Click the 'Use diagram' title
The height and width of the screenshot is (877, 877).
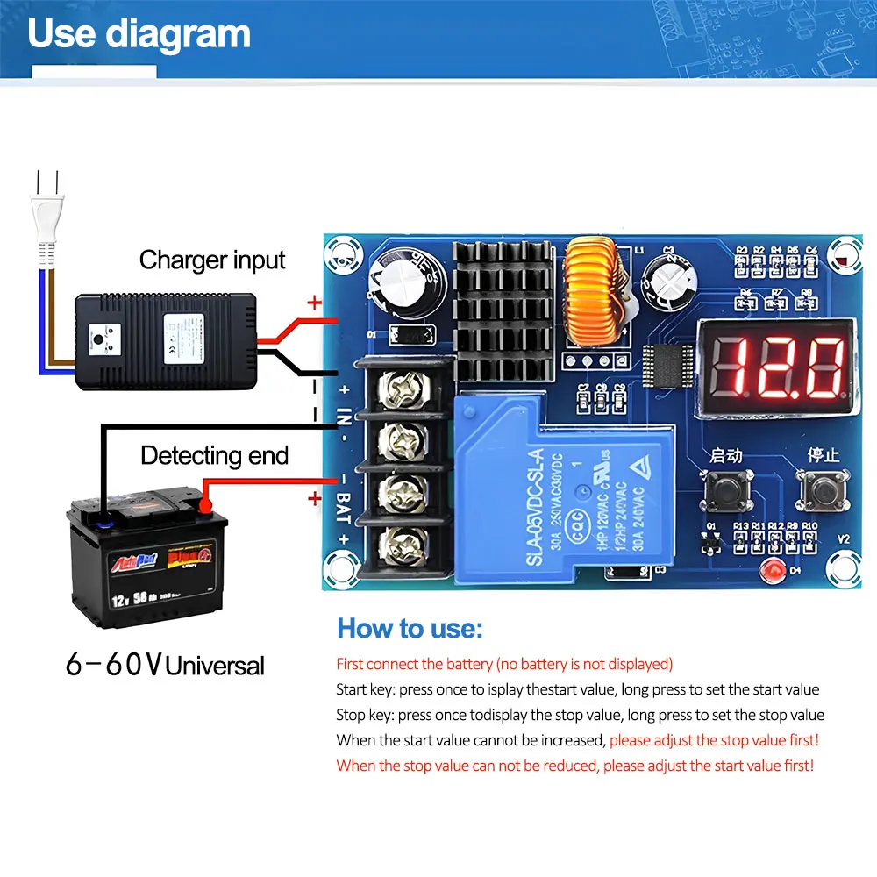pyautogui.click(x=139, y=33)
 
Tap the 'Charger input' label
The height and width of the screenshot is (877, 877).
pyautogui.click(x=212, y=260)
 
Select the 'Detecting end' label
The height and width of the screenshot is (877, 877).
pyautogui.click(x=214, y=456)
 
